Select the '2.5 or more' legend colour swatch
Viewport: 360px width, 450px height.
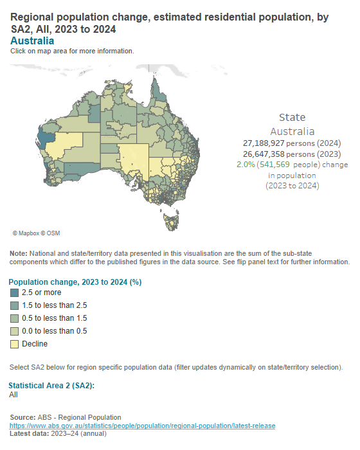coord(15,292)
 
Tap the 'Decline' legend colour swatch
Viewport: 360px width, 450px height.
coord(15,344)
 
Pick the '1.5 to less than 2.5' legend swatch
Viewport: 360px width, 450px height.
coord(15,305)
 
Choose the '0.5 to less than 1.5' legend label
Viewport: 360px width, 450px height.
coord(55,318)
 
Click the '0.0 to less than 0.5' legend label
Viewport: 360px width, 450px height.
coord(55,331)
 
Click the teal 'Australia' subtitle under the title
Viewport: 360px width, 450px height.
coord(32,41)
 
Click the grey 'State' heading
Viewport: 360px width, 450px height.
coord(292,117)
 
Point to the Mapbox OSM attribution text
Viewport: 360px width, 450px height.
coord(36,233)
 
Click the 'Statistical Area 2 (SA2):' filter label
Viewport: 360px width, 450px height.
coord(51,385)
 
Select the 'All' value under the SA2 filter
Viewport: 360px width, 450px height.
coord(14,395)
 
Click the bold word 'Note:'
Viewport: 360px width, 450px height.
coord(18,254)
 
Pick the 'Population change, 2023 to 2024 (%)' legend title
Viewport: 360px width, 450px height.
coord(75,282)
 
